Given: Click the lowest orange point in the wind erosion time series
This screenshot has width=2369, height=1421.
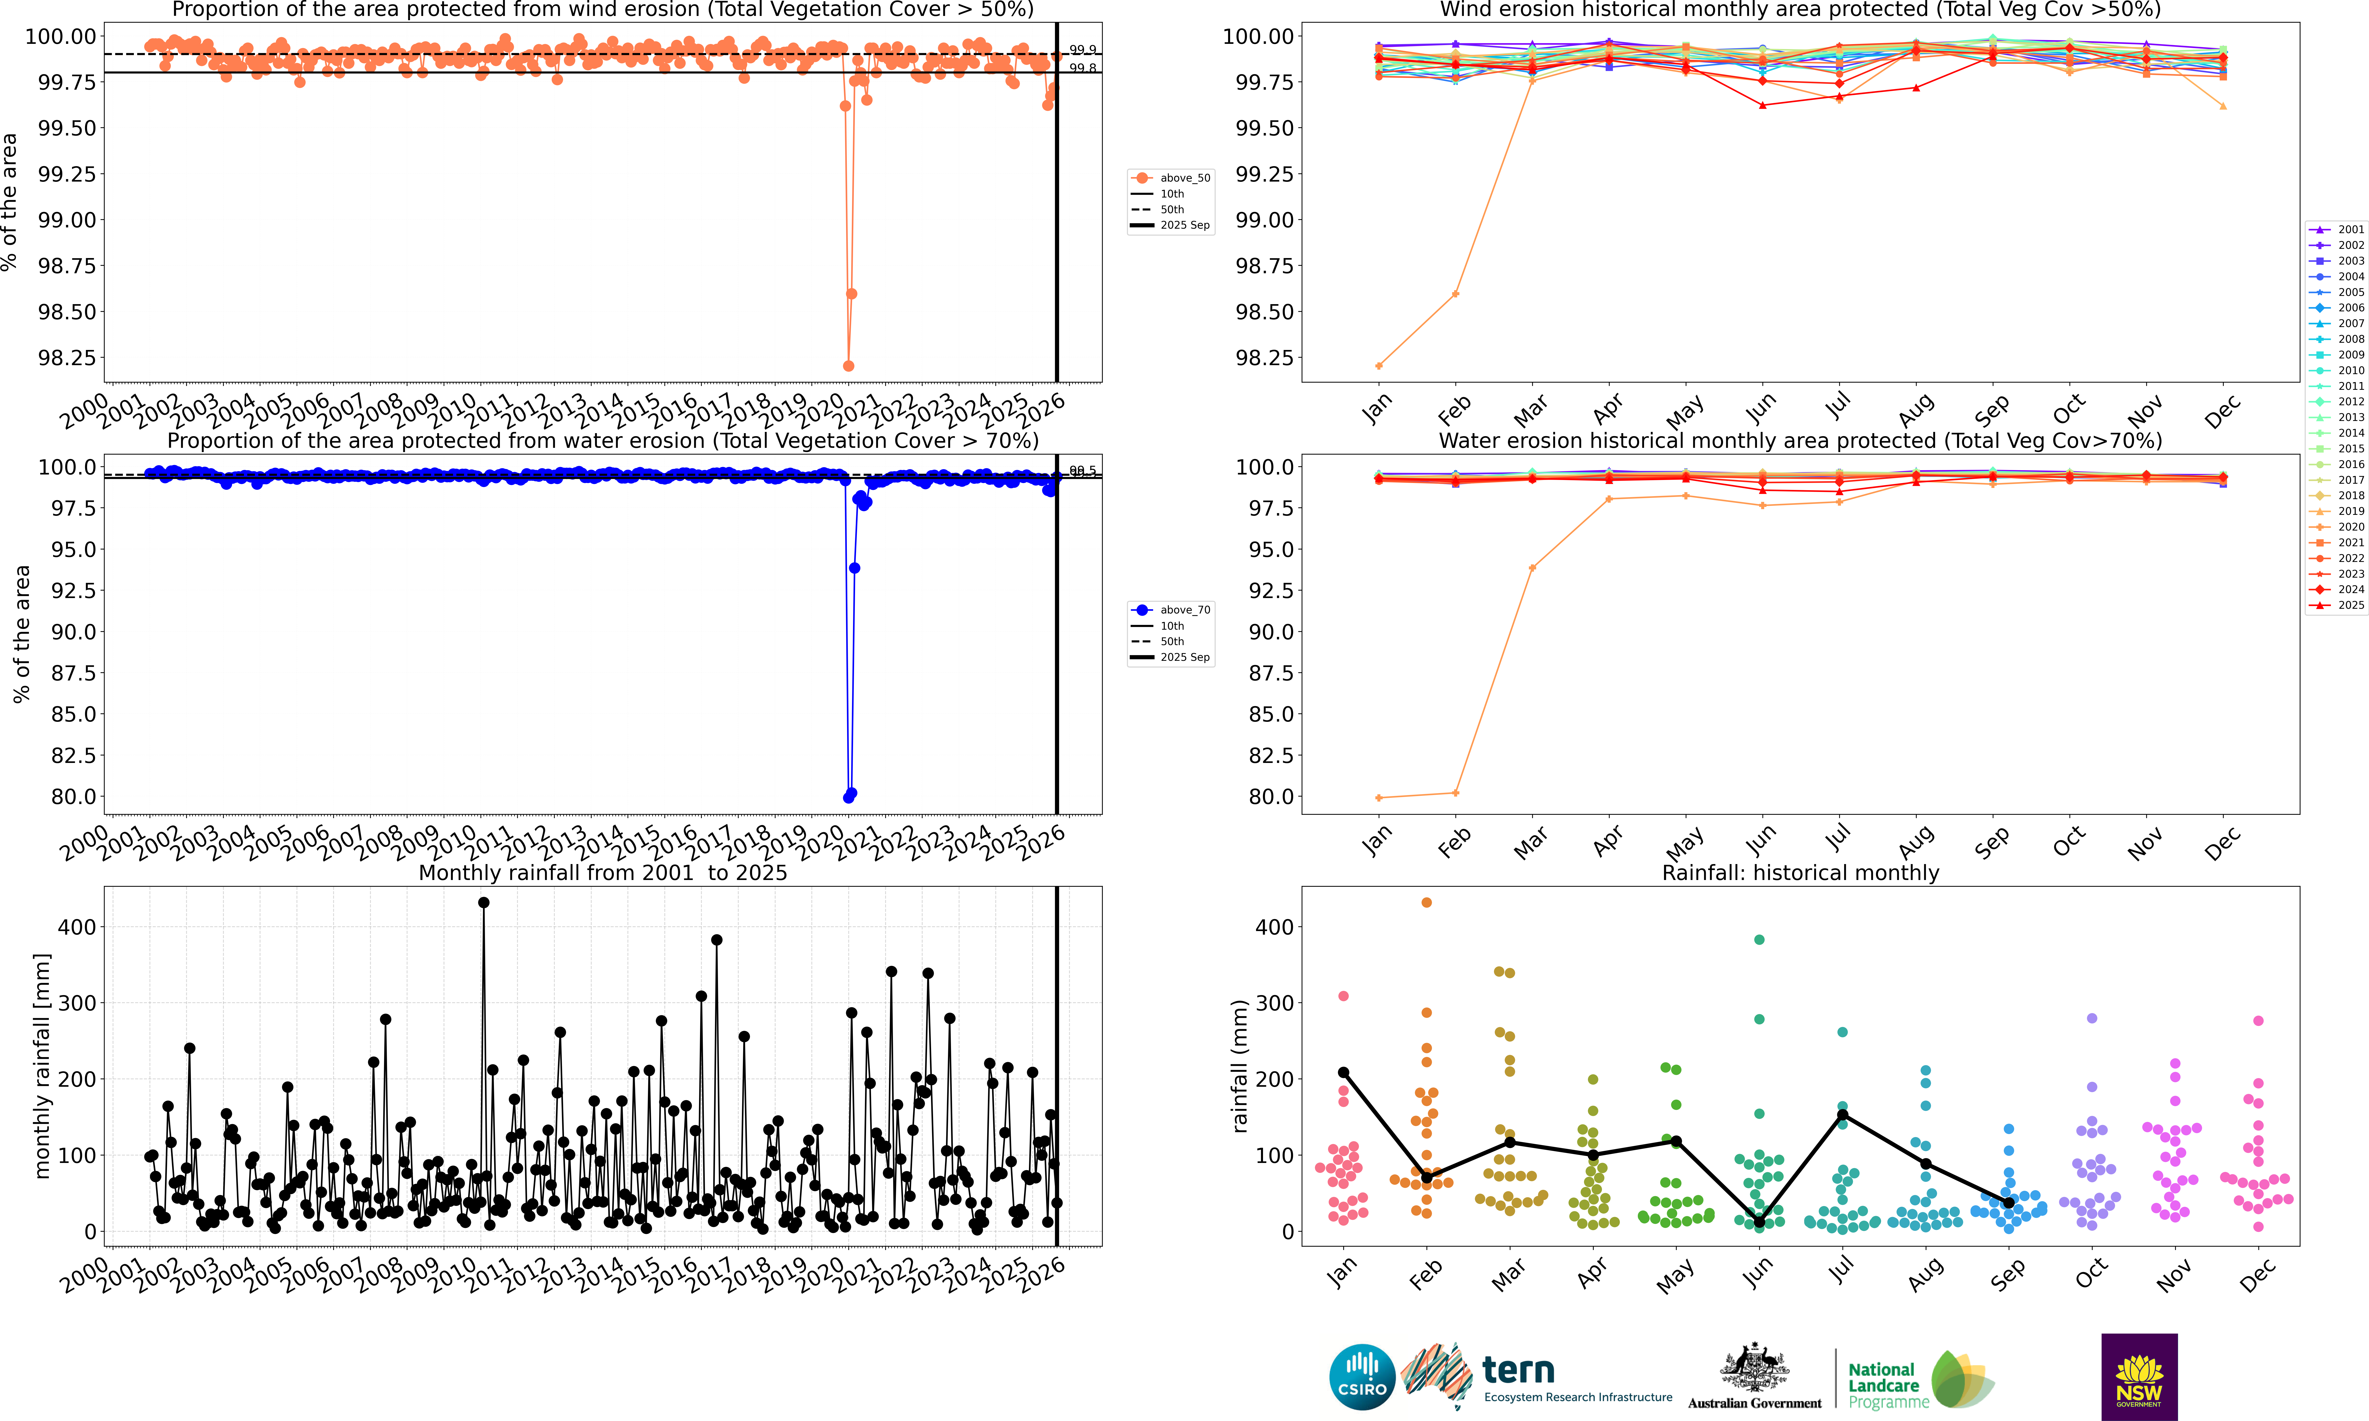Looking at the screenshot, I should (848, 366).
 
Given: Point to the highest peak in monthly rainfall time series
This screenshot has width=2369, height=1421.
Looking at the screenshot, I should (484, 902).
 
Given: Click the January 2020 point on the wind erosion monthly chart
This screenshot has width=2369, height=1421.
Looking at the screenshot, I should (1378, 366).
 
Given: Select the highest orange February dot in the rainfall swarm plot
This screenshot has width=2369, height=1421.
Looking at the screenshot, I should (1426, 902).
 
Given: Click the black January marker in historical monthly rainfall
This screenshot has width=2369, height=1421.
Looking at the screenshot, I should (1343, 1073).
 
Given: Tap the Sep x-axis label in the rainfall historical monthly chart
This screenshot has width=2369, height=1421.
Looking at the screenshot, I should (2007, 1274).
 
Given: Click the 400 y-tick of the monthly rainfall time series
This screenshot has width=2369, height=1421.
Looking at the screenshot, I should (77, 927).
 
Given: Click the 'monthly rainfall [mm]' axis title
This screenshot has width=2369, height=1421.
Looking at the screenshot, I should (41, 1066).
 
